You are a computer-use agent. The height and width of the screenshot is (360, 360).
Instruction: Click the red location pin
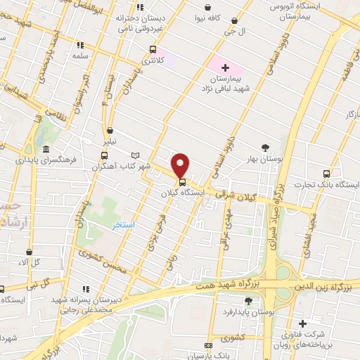pos(181,165)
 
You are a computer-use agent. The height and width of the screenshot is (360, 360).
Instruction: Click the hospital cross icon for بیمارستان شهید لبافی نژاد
pos(225,68)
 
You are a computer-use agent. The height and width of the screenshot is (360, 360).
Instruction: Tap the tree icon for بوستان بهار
pos(264,147)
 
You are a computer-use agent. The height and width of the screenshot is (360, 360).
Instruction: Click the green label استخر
pos(124,225)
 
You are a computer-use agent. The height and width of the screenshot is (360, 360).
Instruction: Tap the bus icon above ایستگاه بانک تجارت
pos(325,173)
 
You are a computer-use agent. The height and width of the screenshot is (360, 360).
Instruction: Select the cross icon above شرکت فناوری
pos(302,324)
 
